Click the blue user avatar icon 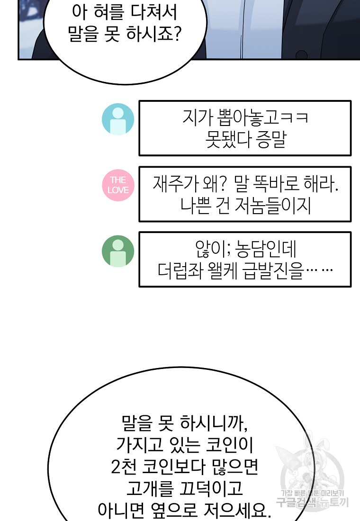tap(118, 119)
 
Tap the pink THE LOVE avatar tap(118, 185)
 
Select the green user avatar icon tap(118, 251)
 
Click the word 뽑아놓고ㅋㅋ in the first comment tap(262, 117)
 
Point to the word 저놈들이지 tap(273, 206)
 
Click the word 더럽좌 tap(180, 271)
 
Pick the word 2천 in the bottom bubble tap(124, 467)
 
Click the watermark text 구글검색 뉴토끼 tap(313, 502)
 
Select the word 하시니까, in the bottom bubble tap(214, 423)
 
